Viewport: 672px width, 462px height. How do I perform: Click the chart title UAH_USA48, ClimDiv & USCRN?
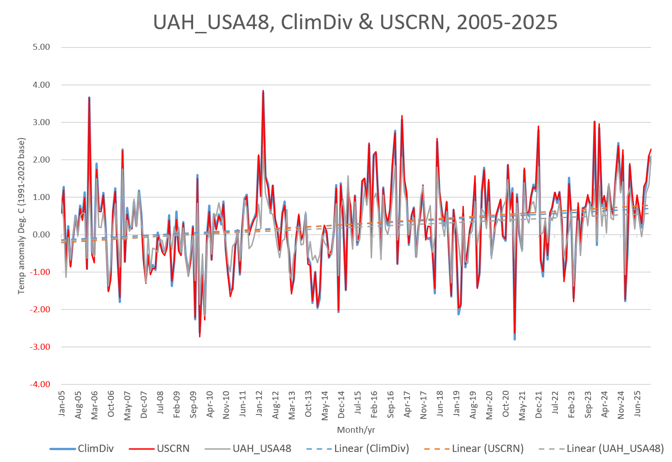point(355,22)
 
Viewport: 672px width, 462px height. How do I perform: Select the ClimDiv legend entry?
point(82,449)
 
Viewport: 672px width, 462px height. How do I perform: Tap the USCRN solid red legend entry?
point(159,449)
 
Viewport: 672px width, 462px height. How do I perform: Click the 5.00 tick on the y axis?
point(42,47)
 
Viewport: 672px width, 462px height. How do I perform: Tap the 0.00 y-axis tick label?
point(42,235)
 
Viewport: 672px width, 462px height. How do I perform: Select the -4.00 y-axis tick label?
point(40,384)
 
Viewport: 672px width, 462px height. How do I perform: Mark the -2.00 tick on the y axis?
point(40,310)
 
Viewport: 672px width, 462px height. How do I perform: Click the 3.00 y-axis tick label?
point(42,122)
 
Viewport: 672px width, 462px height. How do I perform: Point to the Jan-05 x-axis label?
point(63,404)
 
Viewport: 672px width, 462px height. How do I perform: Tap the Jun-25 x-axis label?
point(638,404)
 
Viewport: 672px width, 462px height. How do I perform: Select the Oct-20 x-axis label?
point(506,404)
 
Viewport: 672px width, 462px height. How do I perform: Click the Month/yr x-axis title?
point(356,430)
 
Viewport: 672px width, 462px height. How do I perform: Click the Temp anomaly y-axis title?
point(21,216)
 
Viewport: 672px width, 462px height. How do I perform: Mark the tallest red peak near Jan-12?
point(263,91)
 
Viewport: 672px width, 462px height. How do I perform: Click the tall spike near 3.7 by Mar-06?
point(89,98)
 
